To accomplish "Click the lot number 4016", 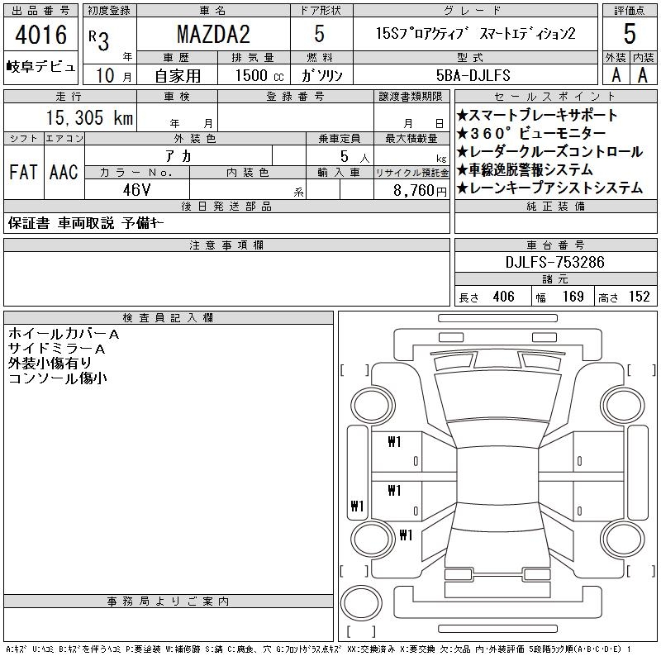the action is [x=40, y=35].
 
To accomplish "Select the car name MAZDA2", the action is [x=213, y=34].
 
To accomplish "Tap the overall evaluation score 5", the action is [x=630, y=34].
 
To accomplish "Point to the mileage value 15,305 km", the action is [x=89, y=117].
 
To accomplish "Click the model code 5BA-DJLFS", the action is [x=473, y=75].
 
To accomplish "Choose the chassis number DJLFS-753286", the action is [x=554, y=262].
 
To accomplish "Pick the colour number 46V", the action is [x=136, y=190].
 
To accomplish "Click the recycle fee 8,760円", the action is [x=420, y=191].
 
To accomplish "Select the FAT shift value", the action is [x=23, y=172].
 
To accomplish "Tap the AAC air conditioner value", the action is [x=64, y=172].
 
